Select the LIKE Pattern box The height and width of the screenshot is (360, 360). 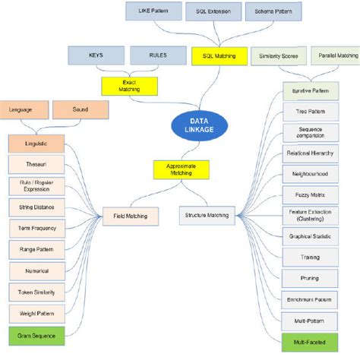coord(153,12)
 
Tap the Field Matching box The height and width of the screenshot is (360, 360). coord(130,216)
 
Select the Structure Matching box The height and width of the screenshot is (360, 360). coord(207,216)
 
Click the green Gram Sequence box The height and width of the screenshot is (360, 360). coord(36,334)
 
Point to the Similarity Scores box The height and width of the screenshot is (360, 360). coord(278,55)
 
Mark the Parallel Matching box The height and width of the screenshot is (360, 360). coord(336,55)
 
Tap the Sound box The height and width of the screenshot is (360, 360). coord(81,110)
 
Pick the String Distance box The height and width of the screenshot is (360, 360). coord(36,206)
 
